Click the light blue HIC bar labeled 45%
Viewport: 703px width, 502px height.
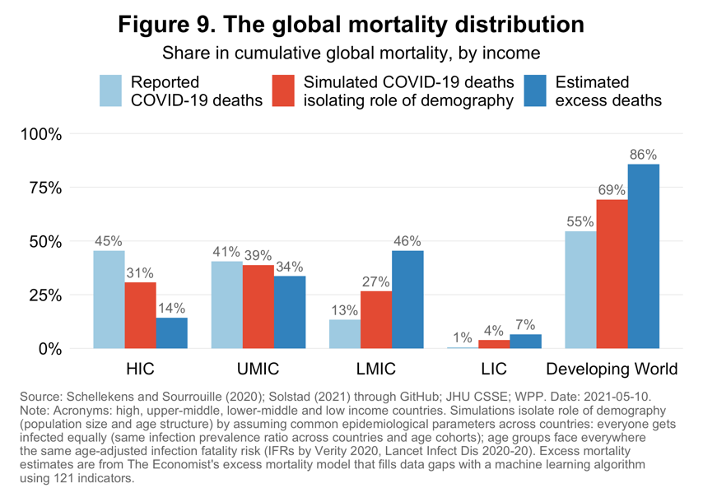point(109,300)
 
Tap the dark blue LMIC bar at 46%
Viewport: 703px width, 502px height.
point(407,300)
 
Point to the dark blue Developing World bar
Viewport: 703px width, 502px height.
point(643,256)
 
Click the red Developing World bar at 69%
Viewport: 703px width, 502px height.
point(612,274)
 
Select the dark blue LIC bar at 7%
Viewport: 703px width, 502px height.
point(525,341)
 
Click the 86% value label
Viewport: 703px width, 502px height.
point(643,155)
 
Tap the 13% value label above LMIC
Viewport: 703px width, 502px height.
point(344,310)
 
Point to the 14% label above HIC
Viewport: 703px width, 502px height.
point(171,309)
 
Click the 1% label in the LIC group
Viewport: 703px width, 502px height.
point(463,337)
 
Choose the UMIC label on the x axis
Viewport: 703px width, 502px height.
point(258,368)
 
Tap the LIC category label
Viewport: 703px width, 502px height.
point(494,368)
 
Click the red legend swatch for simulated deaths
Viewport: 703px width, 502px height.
point(282,91)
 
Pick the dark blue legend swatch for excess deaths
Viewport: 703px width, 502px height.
point(535,91)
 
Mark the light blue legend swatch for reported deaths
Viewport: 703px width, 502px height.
point(110,91)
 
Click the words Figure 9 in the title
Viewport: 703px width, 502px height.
point(170,24)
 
